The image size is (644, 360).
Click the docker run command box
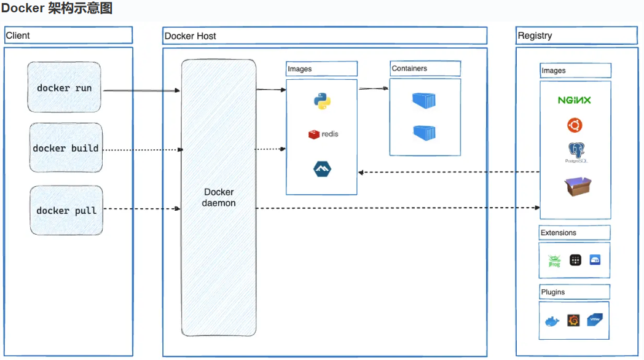[x=64, y=87]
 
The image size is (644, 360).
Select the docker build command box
[x=66, y=148]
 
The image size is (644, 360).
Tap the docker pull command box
[x=66, y=211]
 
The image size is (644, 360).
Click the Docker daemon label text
[x=219, y=197]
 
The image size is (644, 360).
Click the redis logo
[x=323, y=134]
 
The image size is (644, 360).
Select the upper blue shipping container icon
[x=424, y=100]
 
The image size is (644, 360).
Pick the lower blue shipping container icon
[x=424, y=131]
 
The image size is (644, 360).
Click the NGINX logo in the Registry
[x=574, y=100]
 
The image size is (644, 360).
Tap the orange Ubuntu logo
[x=575, y=126]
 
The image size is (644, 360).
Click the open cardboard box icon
[x=578, y=186]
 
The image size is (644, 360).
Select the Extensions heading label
[x=559, y=233]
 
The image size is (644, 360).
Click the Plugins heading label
[x=553, y=292]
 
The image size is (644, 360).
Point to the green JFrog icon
[x=554, y=260]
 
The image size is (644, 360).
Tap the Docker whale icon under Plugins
[x=552, y=321]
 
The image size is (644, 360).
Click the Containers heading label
[x=409, y=69]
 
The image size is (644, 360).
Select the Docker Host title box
[x=324, y=36]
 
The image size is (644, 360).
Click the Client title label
[x=18, y=36]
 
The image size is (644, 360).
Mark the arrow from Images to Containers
[x=373, y=88]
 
